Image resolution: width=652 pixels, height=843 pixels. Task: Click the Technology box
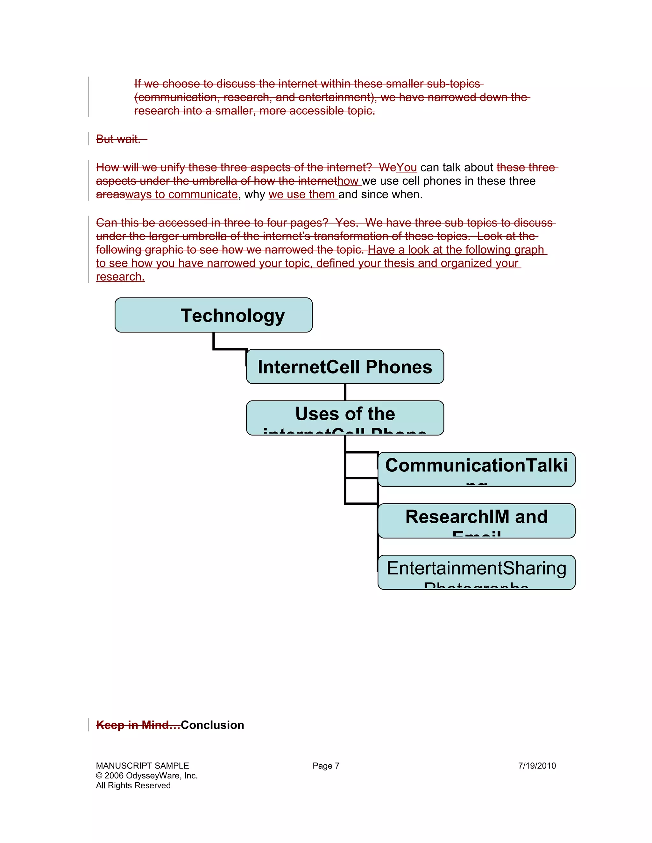214,315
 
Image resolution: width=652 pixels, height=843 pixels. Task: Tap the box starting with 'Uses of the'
345,417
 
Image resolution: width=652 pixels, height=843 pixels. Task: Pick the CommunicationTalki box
476,469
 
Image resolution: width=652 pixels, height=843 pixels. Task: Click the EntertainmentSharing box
476,572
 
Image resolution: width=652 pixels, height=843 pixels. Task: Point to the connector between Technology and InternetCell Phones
230,349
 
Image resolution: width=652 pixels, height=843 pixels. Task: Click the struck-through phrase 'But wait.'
118,139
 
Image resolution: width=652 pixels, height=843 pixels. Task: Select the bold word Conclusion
212,725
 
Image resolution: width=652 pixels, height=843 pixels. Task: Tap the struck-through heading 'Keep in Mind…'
138,725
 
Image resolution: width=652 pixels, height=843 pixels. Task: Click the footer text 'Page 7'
326,766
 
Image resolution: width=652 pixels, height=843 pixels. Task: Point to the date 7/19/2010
536,766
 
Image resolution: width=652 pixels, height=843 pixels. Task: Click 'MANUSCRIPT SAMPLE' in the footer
142,766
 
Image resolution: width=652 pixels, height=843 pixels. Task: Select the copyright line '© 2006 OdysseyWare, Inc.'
146,776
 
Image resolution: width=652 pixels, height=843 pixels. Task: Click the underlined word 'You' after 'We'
406,168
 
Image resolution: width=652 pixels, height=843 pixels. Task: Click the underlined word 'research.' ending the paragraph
120,277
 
